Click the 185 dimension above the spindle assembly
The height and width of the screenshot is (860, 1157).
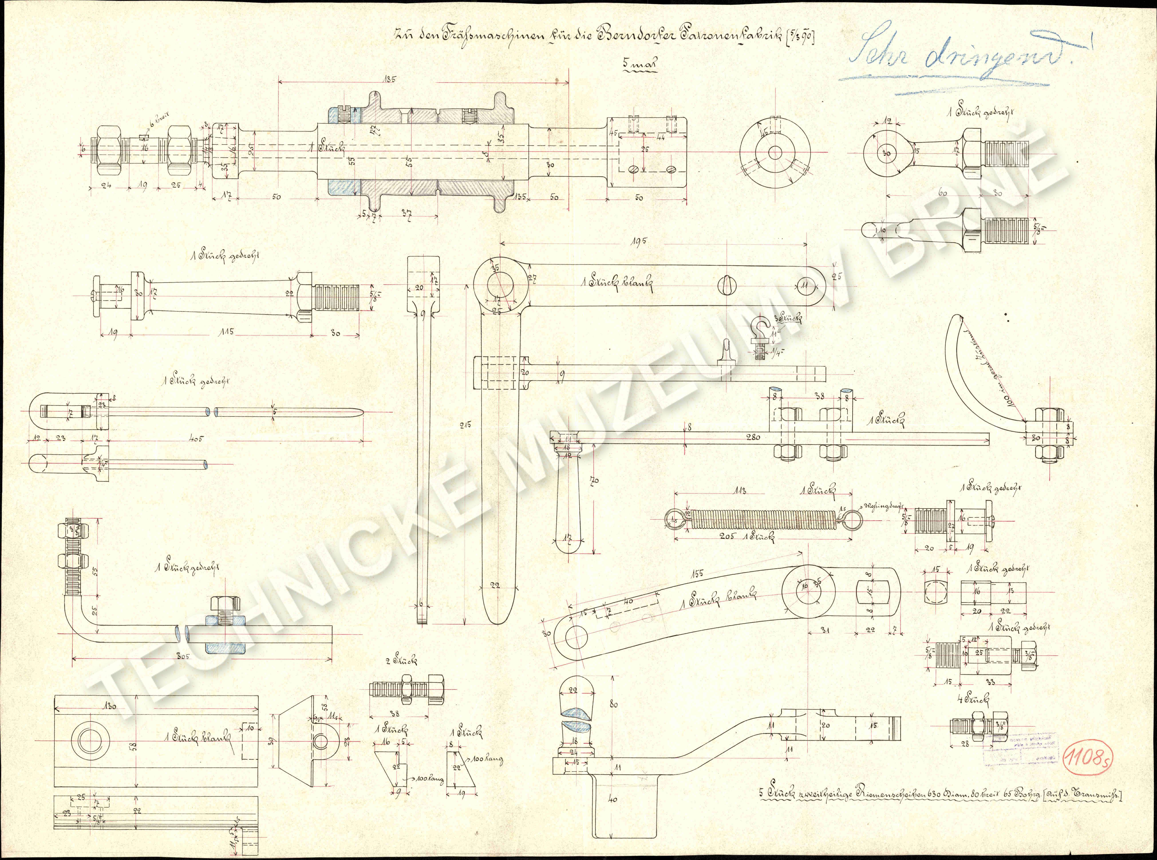(389, 80)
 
